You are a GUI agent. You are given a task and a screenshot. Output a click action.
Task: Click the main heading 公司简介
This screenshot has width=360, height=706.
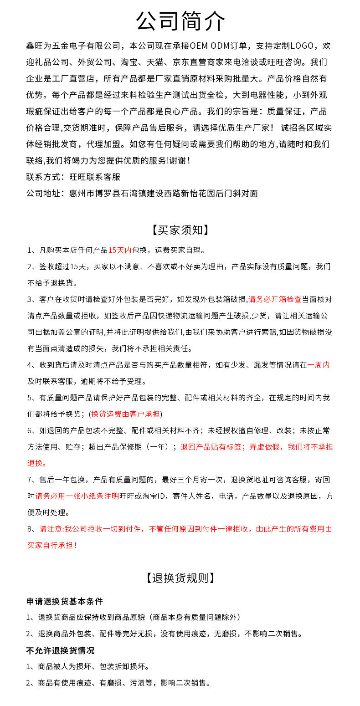click(180, 21)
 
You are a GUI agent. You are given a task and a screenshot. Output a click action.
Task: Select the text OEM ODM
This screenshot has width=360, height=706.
click(211, 46)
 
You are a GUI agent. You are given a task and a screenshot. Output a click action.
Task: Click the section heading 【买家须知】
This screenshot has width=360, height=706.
click(180, 230)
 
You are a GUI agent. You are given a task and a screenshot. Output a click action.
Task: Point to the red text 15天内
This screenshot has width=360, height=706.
click(120, 250)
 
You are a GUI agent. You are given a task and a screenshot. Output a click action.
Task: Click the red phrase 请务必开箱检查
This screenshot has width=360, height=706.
click(275, 299)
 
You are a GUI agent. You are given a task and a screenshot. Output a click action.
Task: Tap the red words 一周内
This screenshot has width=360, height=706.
click(319, 365)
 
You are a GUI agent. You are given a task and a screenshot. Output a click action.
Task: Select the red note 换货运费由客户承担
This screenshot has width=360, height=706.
click(126, 414)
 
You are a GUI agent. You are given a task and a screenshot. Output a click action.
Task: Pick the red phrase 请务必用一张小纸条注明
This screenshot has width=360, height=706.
click(77, 496)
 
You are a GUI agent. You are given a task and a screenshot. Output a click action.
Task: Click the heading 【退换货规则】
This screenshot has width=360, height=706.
click(180, 578)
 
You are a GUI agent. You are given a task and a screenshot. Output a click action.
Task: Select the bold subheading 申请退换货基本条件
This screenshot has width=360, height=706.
click(64, 601)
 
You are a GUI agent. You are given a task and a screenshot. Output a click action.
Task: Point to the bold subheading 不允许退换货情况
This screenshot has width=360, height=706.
click(60, 650)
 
